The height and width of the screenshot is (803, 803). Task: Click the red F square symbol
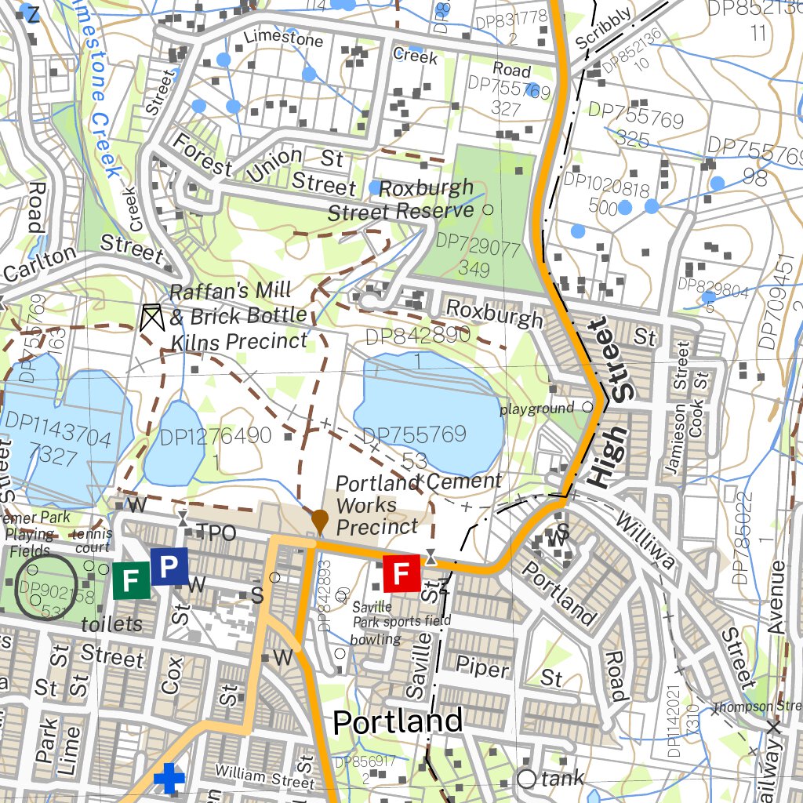(x=401, y=573)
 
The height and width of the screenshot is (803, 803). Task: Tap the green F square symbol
(x=131, y=580)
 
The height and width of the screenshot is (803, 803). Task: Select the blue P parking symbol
(x=169, y=566)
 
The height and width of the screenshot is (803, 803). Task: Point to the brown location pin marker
(x=319, y=520)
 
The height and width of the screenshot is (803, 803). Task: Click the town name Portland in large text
(x=398, y=721)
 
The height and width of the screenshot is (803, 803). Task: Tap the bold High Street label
(x=612, y=404)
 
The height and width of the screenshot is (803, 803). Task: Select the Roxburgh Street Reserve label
(x=401, y=200)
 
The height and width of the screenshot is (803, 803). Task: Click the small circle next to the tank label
(x=527, y=779)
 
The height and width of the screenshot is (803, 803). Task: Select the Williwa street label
(x=645, y=541)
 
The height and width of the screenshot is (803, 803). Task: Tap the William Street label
(x=265, y=779)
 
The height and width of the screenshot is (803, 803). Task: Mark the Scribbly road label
(x=603, y=28)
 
